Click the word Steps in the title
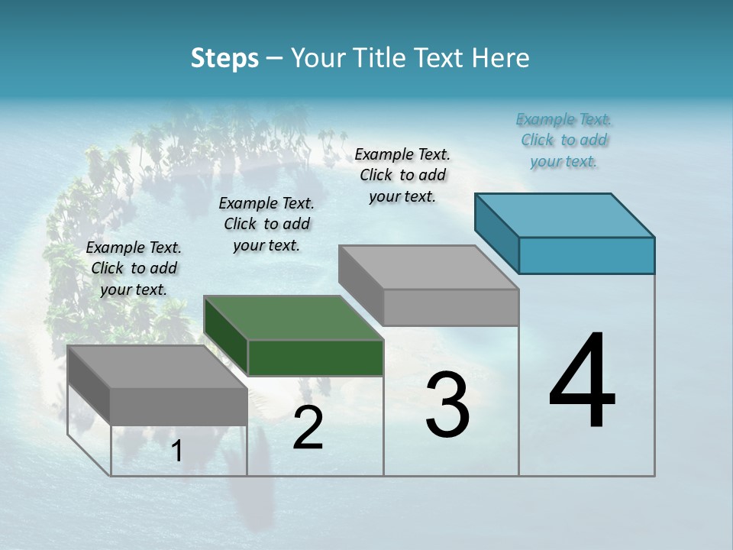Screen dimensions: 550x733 224,58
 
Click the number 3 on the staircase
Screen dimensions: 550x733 447,405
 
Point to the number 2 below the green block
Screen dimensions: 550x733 308,429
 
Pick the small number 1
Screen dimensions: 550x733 177,451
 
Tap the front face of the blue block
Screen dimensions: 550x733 586,255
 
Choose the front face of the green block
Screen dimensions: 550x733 315,358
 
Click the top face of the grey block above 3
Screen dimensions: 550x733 428,267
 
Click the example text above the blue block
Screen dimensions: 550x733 563,140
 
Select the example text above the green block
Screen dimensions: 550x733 266,224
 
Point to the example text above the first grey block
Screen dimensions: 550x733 134,268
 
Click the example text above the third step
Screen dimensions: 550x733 402,175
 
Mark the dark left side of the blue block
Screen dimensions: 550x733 496,232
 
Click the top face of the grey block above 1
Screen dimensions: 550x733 157,366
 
